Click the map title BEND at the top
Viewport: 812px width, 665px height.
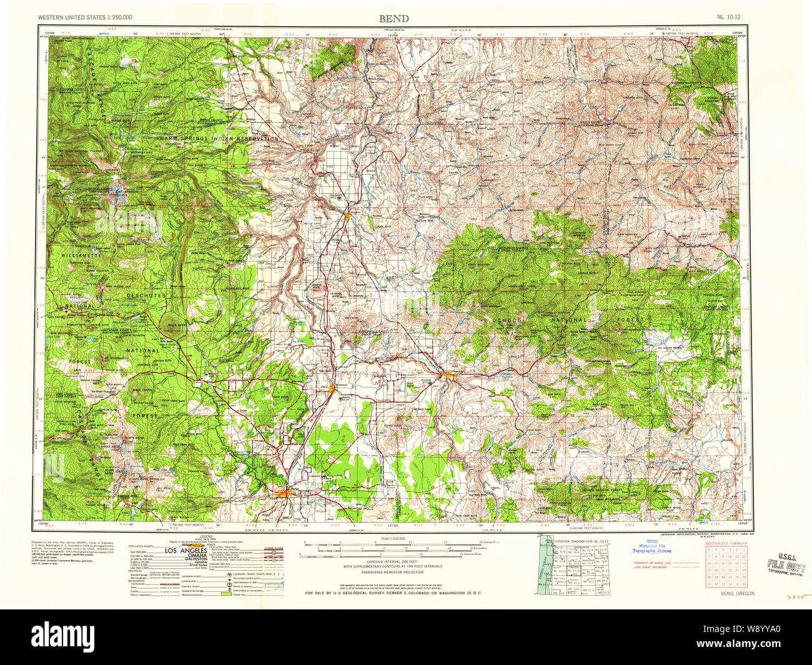[x=394, y=18]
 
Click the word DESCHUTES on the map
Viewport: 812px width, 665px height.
[x=146, y=295]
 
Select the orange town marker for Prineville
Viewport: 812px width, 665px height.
[x=448, y=375]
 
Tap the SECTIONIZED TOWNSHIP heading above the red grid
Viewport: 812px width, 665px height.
[x=726, y=544]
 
